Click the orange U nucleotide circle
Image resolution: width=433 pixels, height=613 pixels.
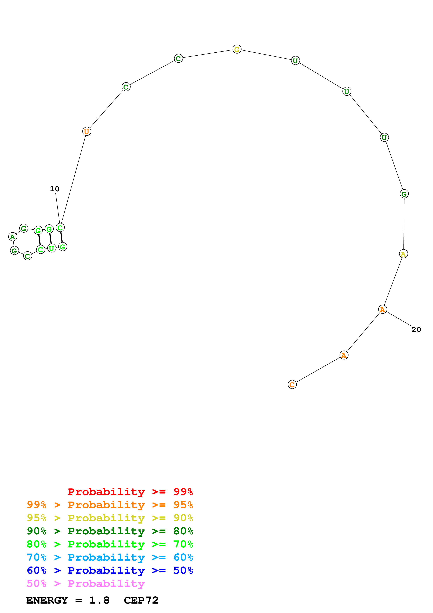[87, 131]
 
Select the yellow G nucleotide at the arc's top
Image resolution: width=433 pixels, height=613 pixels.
[237, 49]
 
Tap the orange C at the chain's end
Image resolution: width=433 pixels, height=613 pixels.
[292, 384]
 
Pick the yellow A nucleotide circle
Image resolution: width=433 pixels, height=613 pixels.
[403, 254]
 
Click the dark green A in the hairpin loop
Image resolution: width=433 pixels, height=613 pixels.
[13, 237]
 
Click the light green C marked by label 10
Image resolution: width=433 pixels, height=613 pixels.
[60, 228]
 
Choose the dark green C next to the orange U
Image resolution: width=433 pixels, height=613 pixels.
[126, 87]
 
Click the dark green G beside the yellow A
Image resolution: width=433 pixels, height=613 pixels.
[404, 194]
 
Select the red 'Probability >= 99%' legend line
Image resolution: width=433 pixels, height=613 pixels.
[130, 492]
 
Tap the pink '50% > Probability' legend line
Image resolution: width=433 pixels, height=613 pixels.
[86, 583]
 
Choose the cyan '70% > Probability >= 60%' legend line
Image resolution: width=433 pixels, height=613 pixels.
[110, 557]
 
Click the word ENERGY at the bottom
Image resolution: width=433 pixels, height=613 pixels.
[47, 600]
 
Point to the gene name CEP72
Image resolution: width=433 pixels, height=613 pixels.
[141, 600]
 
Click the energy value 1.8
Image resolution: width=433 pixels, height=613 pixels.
[99, 600]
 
